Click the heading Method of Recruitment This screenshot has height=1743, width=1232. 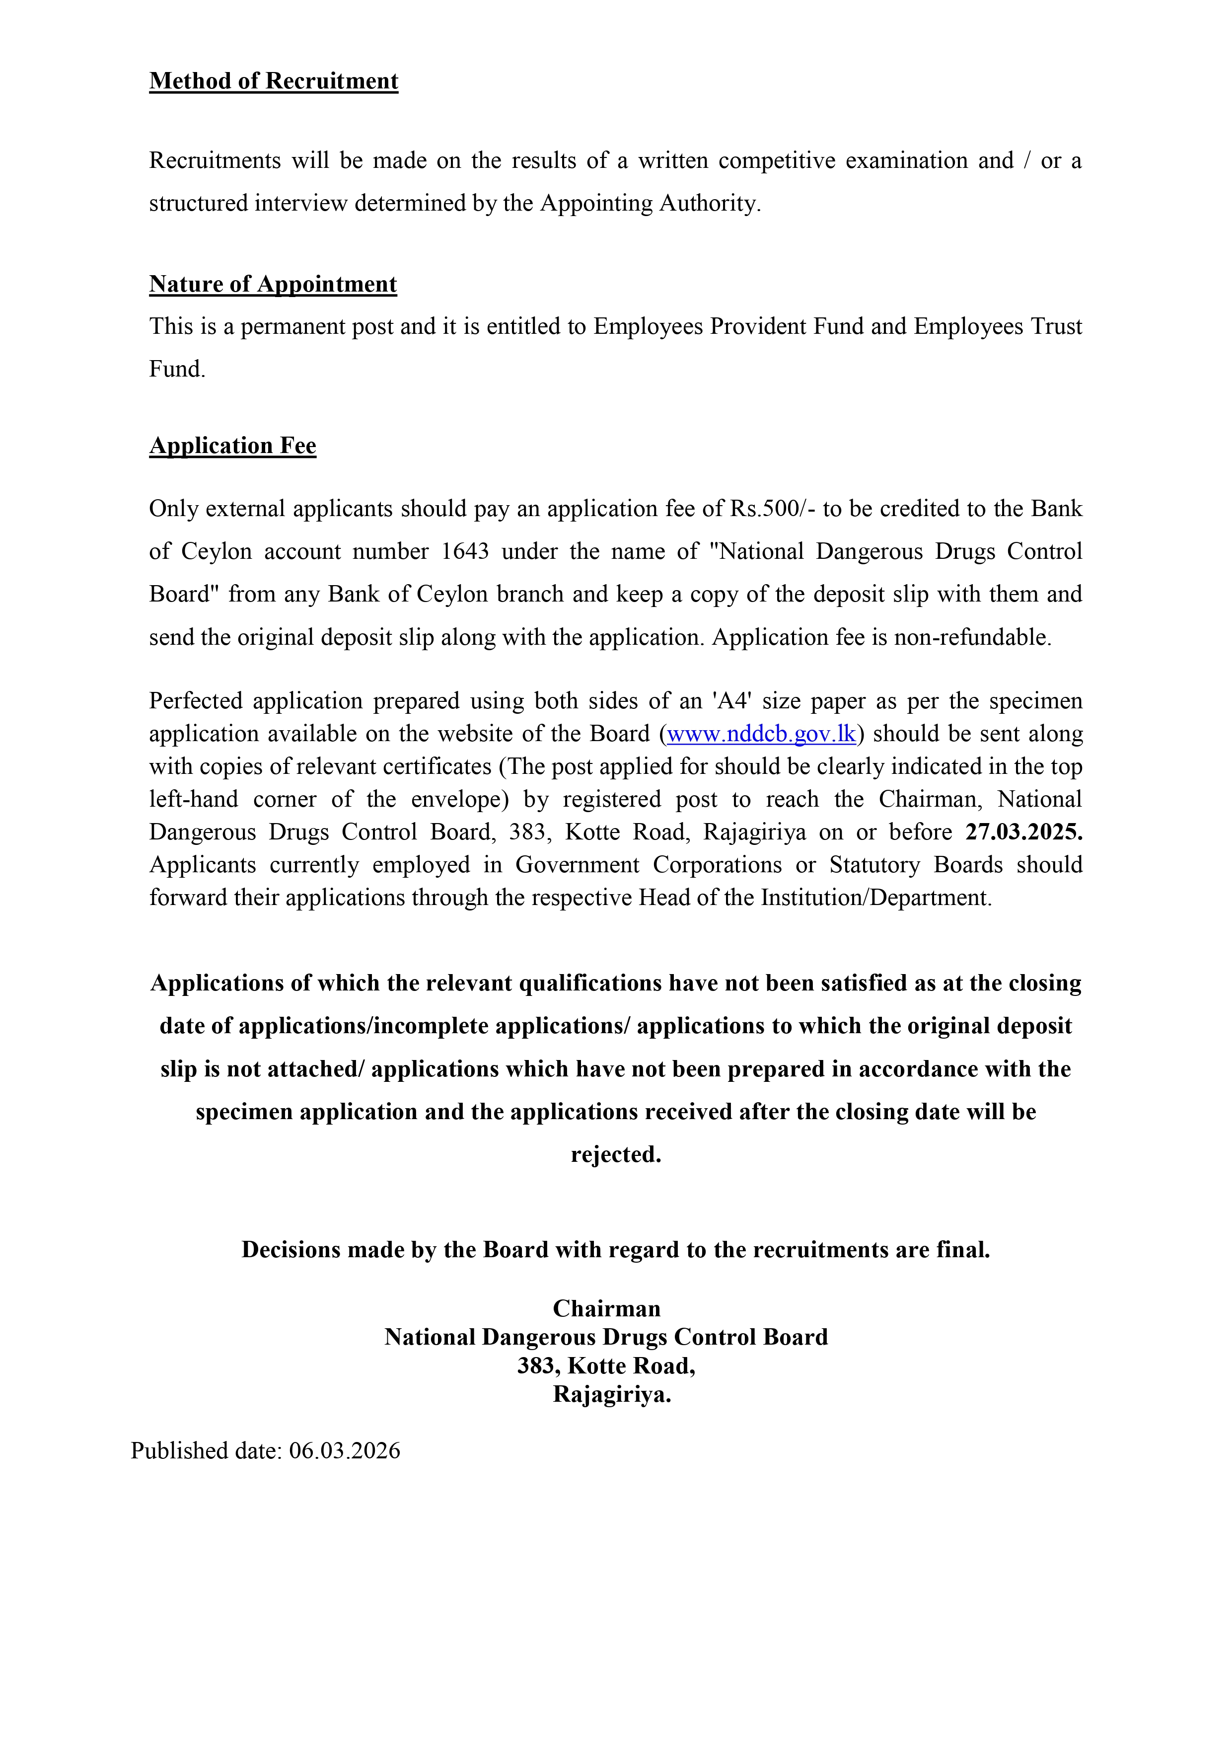[273, 81]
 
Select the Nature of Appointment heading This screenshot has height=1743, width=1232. [273, 284]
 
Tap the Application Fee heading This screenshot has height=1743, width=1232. [232, 446]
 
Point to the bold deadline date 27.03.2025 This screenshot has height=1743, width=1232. [1023, 832]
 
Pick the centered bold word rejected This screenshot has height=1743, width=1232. [616, 1155]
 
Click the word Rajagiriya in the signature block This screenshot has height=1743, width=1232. [612, 1395]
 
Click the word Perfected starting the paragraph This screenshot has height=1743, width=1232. [195, 701]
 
